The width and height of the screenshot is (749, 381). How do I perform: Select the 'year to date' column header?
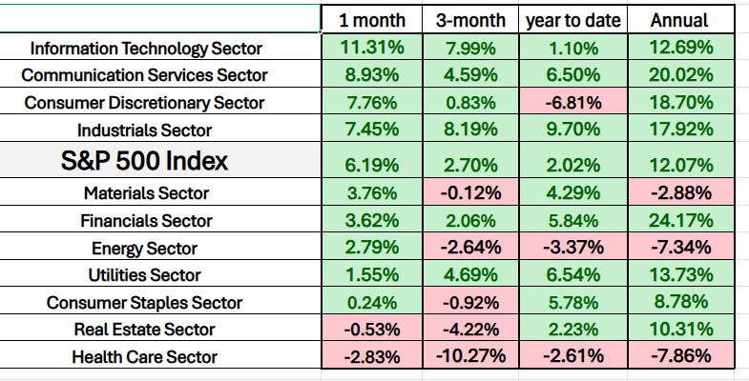[572, 20]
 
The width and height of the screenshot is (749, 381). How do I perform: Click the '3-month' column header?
[469, 20]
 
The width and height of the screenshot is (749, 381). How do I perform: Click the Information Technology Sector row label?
[145, 48]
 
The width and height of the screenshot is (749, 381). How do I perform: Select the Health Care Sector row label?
[145, 357]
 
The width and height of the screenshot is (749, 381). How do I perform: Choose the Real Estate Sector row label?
[145, 330]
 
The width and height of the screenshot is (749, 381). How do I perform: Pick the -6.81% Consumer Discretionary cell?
[572, 103]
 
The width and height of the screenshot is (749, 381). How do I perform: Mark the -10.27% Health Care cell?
[469, 357]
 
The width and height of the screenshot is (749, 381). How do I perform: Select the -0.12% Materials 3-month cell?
[469, 193]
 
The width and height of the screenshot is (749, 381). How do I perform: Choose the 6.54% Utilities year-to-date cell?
[572, 275]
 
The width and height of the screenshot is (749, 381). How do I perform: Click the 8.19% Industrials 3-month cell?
[469, 130]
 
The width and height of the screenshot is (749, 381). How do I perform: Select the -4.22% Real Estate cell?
[469, 330]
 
